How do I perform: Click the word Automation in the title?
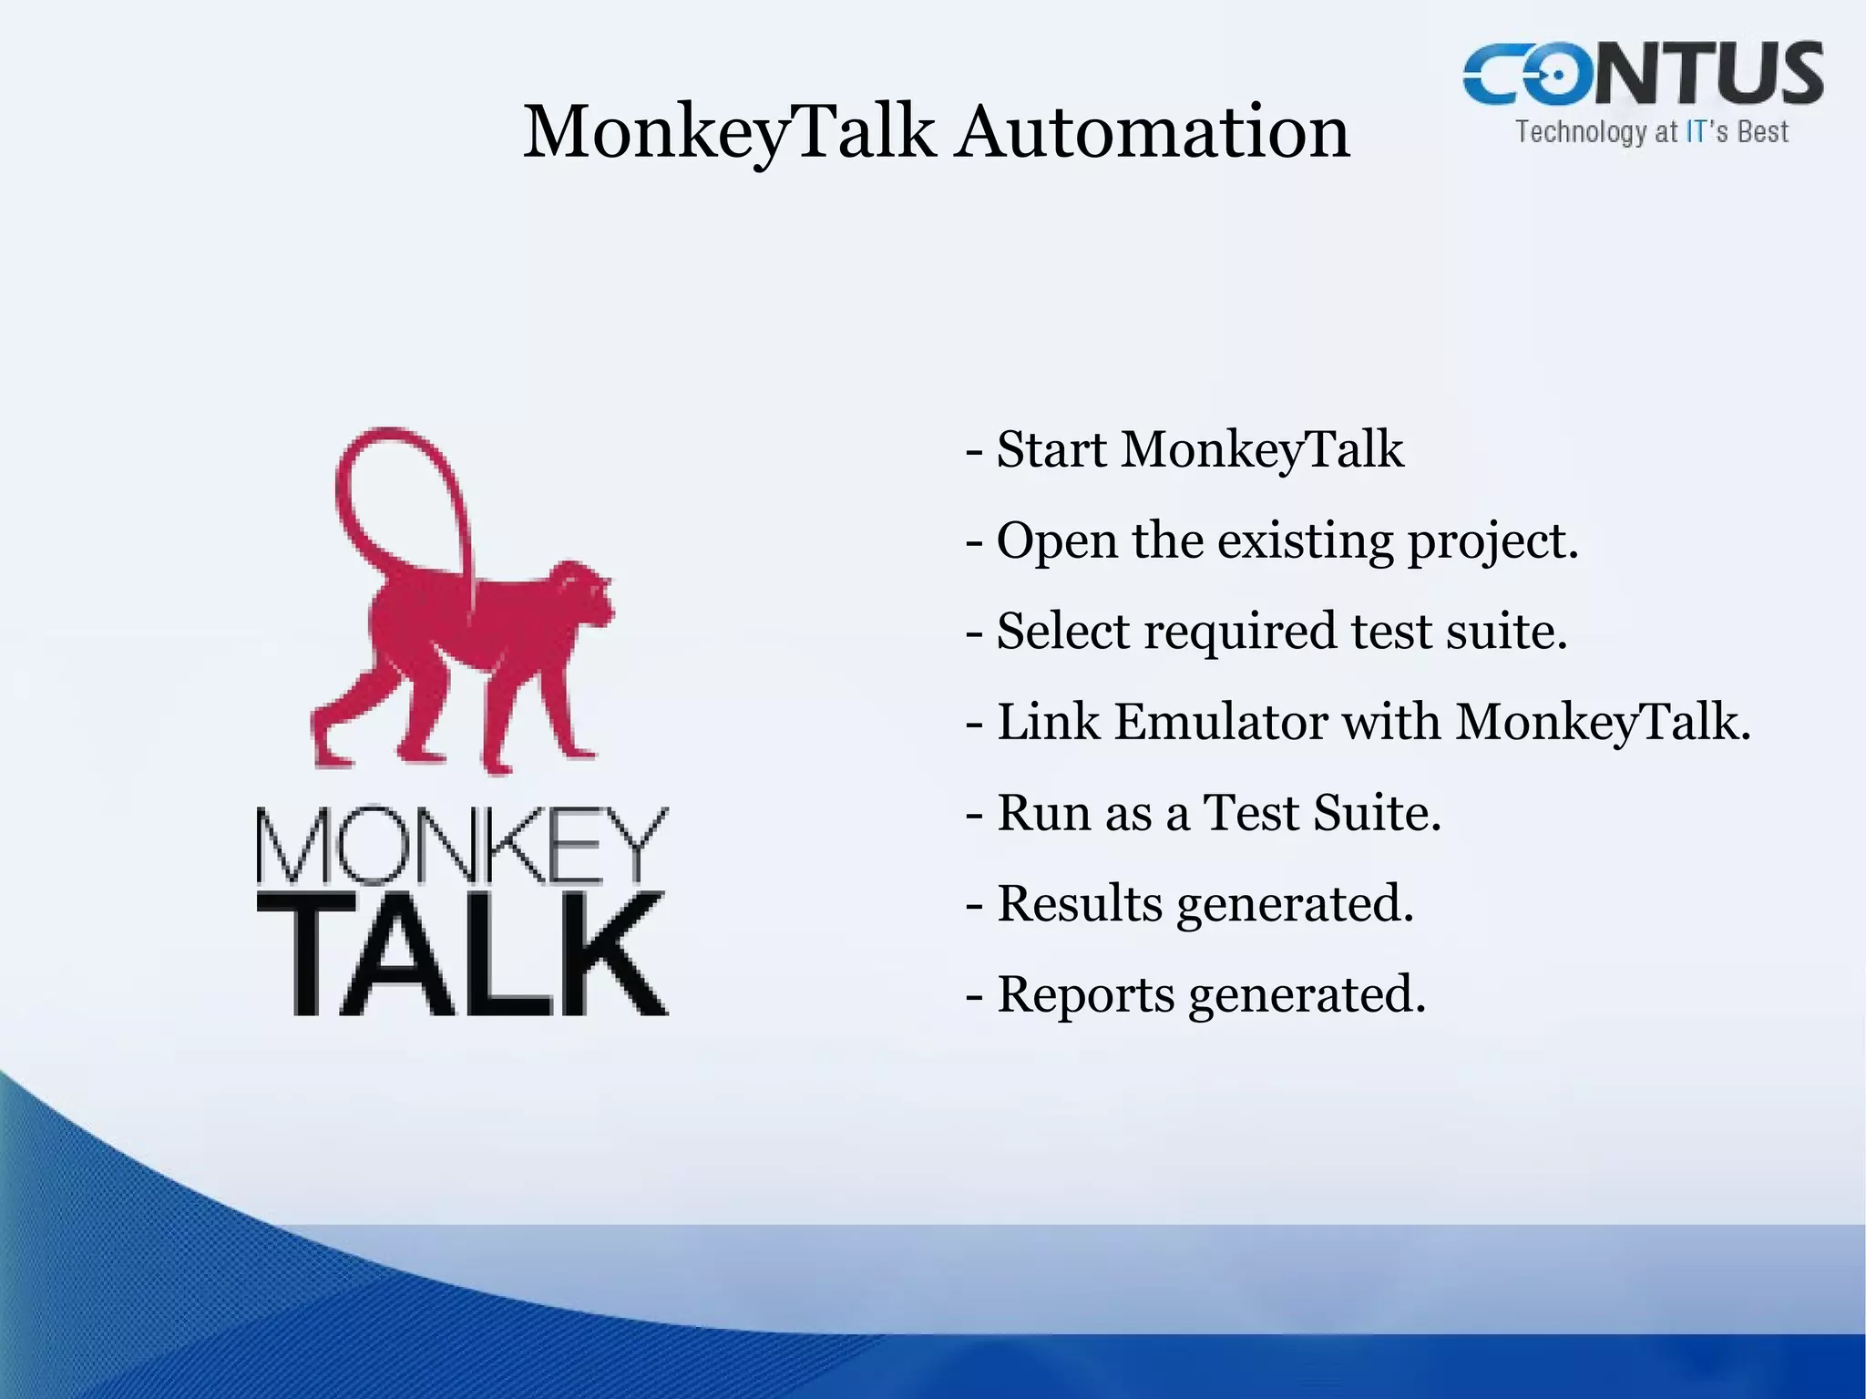(x=1153, y=132)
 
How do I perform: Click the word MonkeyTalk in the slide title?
(x=729, y=132)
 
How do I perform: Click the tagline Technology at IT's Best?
(x=1652, y=132)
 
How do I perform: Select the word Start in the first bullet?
(x=1051, y=449)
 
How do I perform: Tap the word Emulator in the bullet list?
(x=1221, y=722)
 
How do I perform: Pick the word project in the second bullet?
(x=1491, y=542)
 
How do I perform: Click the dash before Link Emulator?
(x=974, y=724)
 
